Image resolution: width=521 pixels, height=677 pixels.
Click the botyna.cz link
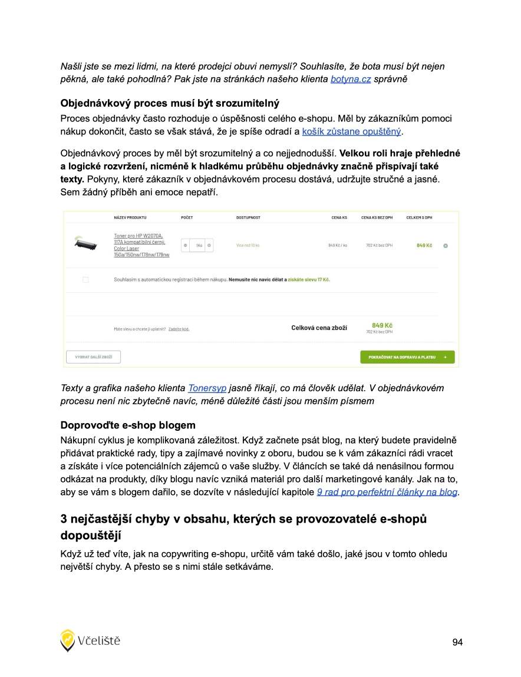point(350,79)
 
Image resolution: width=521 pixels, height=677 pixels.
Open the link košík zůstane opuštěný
point(351,130)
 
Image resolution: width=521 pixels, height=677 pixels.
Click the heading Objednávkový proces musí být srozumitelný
point(170,104)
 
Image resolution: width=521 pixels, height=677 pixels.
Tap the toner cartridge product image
point(85,243)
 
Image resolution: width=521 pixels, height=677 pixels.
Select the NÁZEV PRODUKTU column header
point(130,218)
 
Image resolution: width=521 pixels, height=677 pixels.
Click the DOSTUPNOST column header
point(248,218)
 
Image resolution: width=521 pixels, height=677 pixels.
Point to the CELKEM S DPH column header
point(419,218)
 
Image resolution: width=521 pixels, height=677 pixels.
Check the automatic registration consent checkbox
point(85,279)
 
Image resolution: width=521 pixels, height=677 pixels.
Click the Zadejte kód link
point(179,329)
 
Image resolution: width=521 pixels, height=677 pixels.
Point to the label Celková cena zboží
point(319,328)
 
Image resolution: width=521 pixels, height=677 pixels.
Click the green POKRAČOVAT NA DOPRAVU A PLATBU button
point(407,357)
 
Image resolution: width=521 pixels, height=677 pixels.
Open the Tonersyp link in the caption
point(207,388)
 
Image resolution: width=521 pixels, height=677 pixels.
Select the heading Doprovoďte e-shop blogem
point(128,425)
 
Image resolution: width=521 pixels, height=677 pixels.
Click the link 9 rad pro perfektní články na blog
point(387,492)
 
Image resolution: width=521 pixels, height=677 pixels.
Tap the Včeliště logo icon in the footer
point(68,640)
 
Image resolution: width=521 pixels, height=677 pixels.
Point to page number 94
point(457,642)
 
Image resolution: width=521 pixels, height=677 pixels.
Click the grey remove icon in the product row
point(445,246)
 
